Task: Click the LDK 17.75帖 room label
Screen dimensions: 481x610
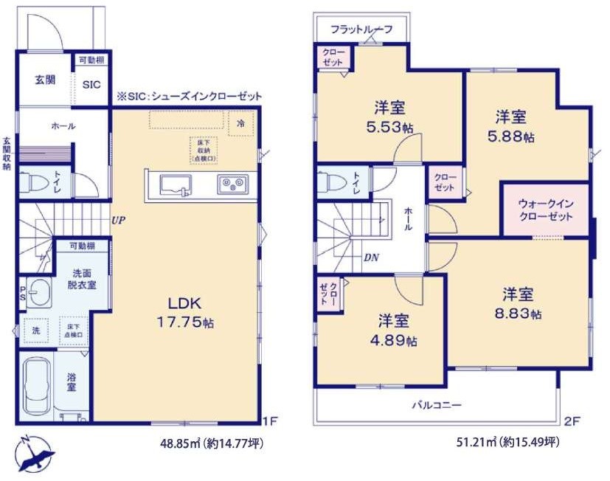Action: [184, 313]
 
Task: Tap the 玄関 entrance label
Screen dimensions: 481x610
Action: [44, 80]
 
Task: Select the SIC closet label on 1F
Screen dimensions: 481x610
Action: [91, 85]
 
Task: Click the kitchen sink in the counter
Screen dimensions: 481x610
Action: [173, 185]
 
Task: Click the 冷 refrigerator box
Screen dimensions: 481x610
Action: [241, 124]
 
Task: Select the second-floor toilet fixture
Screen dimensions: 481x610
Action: [332, 181]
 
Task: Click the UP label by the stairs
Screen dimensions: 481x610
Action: [117, 219]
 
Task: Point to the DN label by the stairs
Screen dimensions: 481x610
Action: [371, 257]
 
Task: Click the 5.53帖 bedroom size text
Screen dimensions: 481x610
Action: [391, 127]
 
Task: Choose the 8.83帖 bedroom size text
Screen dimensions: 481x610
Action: [518, 314]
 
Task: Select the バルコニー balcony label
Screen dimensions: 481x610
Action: [437, 405]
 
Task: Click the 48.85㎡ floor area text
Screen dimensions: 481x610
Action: [180, 443]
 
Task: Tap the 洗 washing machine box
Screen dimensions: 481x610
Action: [35, 332]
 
